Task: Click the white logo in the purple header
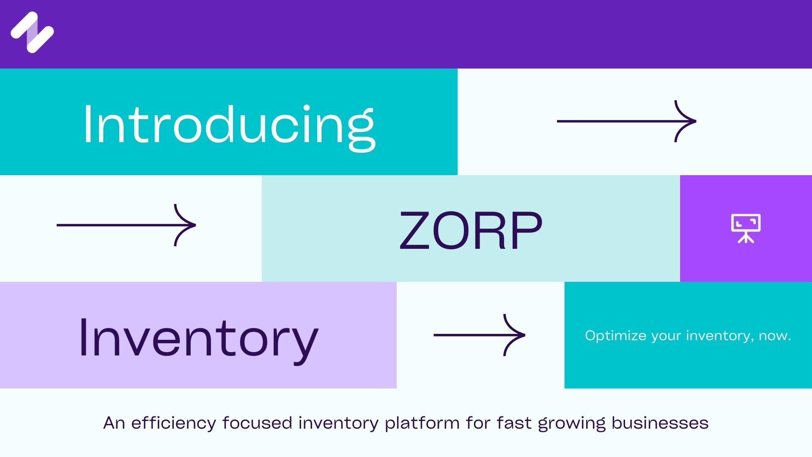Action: click(x=32, y=32)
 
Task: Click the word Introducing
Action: click(x=229, y=125)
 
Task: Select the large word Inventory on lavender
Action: click(x=198, y=339)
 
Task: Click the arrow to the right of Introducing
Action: click(x=626, y=121)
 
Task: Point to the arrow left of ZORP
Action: click(x=126, y=225)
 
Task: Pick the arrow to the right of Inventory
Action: click(x=480, y=335)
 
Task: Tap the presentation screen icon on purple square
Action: click(x=746, y=228)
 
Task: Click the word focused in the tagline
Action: click(x=257, y=423)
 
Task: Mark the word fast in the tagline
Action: click(x=514, y=423)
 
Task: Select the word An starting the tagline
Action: click(x=114, y=423)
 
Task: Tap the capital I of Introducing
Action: click(x=87, y=124)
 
